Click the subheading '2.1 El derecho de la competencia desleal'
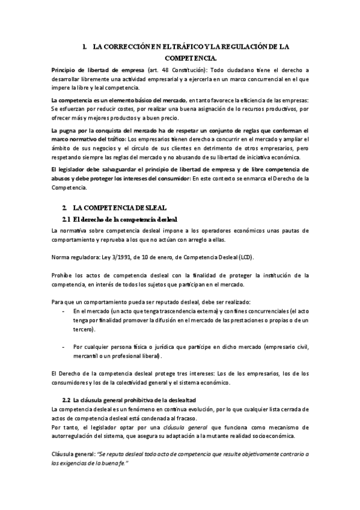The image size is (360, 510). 120,218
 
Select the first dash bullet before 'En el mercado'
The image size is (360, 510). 64,312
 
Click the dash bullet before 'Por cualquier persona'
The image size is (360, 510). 64,347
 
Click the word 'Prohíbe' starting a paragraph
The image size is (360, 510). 62,275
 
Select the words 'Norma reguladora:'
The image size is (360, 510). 74,257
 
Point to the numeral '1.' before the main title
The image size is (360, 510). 87,46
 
